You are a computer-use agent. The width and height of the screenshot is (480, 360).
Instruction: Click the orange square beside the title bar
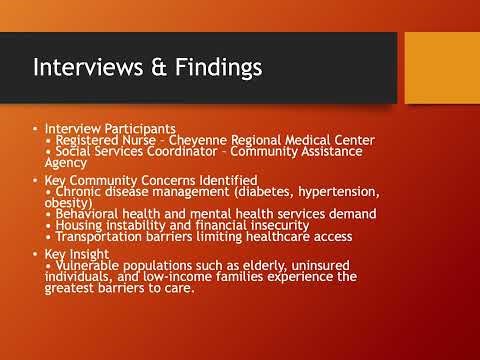coord(441,66)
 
